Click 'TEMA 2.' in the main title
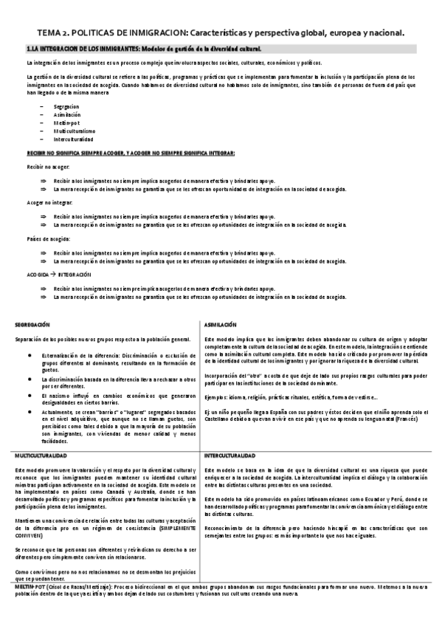(x=56, y=33)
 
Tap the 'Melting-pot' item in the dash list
(x=66, y=123)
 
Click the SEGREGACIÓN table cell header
(x=32, y=325)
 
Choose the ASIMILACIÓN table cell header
(x=221, y=325)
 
